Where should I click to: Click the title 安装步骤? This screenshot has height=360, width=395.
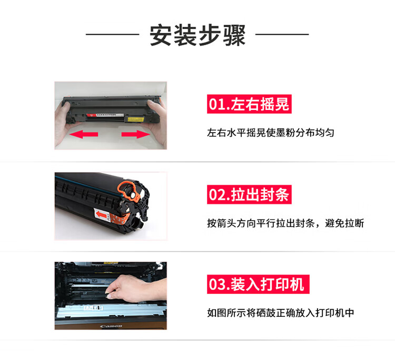coord(197,35)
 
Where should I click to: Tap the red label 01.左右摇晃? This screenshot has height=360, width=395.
coord(249,104)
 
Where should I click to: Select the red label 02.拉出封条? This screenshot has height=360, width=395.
coord(249,194)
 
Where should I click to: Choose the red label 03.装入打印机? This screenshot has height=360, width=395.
coord(258,284)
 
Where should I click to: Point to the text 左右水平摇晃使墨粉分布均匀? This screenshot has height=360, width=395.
coord(271,133)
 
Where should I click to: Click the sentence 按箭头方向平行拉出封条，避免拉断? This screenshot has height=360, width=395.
coord(285,223)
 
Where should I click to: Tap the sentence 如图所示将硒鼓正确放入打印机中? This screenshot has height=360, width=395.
coord(280,313)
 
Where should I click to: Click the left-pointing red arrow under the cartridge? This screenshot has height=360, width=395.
coord(84,134)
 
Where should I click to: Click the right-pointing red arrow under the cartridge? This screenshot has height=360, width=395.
coord(136,134)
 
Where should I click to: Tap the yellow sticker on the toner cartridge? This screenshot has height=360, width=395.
coord(136,119)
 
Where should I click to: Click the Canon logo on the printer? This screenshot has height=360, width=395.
coord(111,326)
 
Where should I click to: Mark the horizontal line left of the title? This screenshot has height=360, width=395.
coord(113,34)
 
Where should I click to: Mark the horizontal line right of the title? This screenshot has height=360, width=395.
coord(282,34)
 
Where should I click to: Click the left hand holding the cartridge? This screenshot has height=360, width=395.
coord(63,123)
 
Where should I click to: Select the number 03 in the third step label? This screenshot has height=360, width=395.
coord(216,285)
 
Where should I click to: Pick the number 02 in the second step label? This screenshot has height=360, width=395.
coord(216,195)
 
